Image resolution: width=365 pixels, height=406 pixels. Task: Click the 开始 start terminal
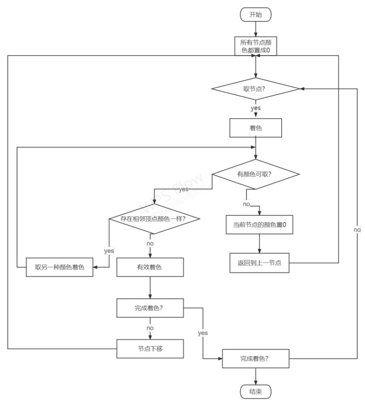256,15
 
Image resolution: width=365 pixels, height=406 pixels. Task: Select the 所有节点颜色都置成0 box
256,46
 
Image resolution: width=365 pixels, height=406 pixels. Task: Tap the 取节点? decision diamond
256,89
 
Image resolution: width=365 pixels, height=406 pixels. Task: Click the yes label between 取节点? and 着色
256,108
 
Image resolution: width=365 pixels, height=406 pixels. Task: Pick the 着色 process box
256,128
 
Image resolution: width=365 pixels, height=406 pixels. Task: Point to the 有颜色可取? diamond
256,174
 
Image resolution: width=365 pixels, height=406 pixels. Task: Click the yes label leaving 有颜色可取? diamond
183,189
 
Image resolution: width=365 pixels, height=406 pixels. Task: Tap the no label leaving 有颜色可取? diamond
246,204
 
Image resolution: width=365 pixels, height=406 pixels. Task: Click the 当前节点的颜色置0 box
259,225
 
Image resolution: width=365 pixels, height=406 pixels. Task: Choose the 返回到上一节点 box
259,263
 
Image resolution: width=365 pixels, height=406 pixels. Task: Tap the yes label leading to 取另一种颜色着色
109,251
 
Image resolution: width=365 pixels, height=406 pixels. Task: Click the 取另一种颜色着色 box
60,267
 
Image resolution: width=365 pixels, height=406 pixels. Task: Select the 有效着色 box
149,267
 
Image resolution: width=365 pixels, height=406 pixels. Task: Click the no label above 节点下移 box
150,328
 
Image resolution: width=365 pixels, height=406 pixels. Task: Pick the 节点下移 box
149,349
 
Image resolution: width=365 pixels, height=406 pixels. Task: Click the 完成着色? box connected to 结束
255,359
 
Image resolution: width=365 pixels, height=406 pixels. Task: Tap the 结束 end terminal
256,391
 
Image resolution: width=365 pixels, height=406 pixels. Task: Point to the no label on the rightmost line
357,229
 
